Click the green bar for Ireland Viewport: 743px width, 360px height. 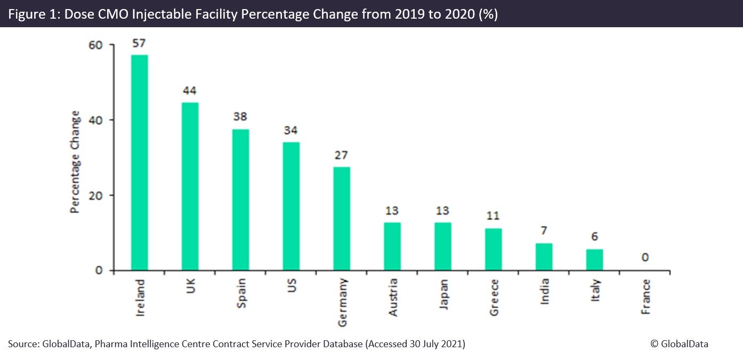(140, 163)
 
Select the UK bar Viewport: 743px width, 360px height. (190, 187)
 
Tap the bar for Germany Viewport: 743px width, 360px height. (342, 219)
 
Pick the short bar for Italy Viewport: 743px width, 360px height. (594, 260)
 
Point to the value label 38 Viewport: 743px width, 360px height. (240, 117)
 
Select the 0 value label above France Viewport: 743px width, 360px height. (645, 258)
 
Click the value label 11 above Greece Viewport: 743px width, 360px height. (493, 217)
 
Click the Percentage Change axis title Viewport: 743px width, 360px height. (75, 162)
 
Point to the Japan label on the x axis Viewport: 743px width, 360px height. (443, 292)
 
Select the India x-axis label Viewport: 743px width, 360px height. (544, 291)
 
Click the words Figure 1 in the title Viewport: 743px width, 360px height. (33, 14)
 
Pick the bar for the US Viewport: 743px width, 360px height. (292, 206)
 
